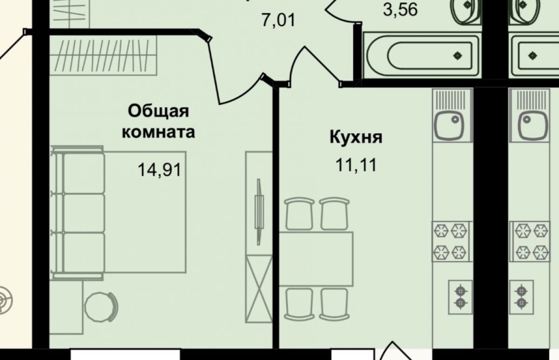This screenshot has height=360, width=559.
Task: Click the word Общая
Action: click(x=158, y=112)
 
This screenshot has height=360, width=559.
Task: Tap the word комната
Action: click(x=158, y=132)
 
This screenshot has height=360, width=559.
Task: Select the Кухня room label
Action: click(x=356, y=137)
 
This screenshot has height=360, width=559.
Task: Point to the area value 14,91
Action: click(x=159, y=170)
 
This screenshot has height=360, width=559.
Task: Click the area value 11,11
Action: click(x=356, y=165)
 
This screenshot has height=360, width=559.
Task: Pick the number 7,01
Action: click(x=278, y=20)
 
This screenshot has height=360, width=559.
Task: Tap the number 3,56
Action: click(x=400, y=10)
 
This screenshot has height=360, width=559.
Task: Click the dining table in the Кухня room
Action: click(x=316, y=259)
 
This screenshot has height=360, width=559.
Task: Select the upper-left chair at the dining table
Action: click(x=299, y=214)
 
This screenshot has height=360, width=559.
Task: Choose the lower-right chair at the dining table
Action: click(x=334, y=304)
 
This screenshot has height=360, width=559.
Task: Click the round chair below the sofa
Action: click(x=101, y=307)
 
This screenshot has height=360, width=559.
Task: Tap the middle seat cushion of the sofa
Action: click(x=84, y=213)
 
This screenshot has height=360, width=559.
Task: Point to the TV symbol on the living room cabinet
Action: click(x=259, y=212)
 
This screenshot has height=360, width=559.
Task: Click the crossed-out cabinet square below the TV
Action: click(x=259, y=289)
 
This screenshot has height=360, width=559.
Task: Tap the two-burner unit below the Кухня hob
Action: click(x=460, y=297)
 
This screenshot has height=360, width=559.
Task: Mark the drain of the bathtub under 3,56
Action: click(x=457, y=55)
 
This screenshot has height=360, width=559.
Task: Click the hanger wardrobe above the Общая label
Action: click(x=103, y=55)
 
